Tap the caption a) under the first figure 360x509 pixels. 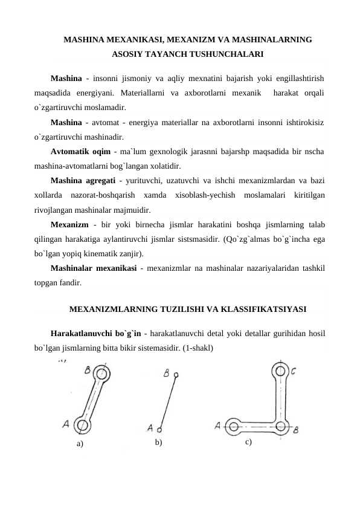tap(80, 444)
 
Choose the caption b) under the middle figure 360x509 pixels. tap(158, 443)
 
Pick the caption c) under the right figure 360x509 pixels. tap(248, 442)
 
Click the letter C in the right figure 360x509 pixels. tap(293, 371)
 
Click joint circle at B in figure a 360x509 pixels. tap(101, 369)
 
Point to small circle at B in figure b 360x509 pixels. tap(176, 375)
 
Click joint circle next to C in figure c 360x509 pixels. tap(280, 370)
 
